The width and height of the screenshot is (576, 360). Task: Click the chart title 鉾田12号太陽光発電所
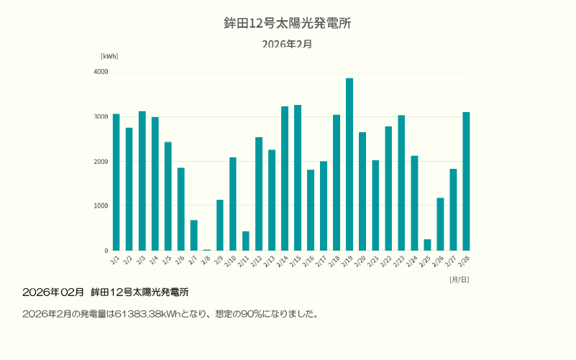click(x=288, y=23)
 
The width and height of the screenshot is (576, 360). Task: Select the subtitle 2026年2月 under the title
click(x=288, y=44)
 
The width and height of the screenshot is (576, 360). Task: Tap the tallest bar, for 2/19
click(x=349, y=165)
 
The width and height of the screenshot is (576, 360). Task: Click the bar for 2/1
click(x=116, y=183)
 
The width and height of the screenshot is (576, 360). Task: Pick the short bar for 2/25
click(x=427, y=245)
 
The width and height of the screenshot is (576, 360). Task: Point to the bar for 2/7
click(x=194, y=236)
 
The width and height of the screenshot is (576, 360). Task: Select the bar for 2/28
click(x=466, y=182)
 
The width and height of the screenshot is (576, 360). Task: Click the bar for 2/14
click(x=285, y=179)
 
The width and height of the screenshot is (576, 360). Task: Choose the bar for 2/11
click(x=246, y=241)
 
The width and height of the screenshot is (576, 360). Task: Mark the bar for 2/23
click(x=401, y=183)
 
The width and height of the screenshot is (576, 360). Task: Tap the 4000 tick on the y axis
click(x=101, y=72)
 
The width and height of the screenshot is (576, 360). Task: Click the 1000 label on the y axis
click(x=101, y=206)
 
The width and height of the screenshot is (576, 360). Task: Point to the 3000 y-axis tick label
click(x=101, y=116)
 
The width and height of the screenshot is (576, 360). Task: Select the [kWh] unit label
click(x=109, y=56)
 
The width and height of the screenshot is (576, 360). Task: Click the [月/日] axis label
click(x=459, y=279)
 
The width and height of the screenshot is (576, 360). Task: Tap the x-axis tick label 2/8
click(x=206, y=259)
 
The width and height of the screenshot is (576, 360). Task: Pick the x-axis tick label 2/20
click(x=361, y=260)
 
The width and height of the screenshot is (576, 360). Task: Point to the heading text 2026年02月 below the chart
click(x=53, y=292)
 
